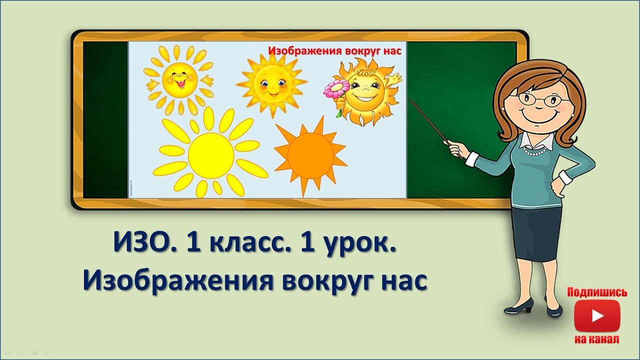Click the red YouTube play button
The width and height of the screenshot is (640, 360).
(597, 316)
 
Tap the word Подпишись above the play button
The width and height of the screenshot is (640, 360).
(597, 292)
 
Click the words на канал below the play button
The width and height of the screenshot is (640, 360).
(597, 340)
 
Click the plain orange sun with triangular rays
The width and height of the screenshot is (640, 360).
(310, 154)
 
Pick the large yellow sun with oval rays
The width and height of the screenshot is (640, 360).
(210, 154)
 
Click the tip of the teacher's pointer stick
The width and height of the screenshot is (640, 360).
(411, 100)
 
